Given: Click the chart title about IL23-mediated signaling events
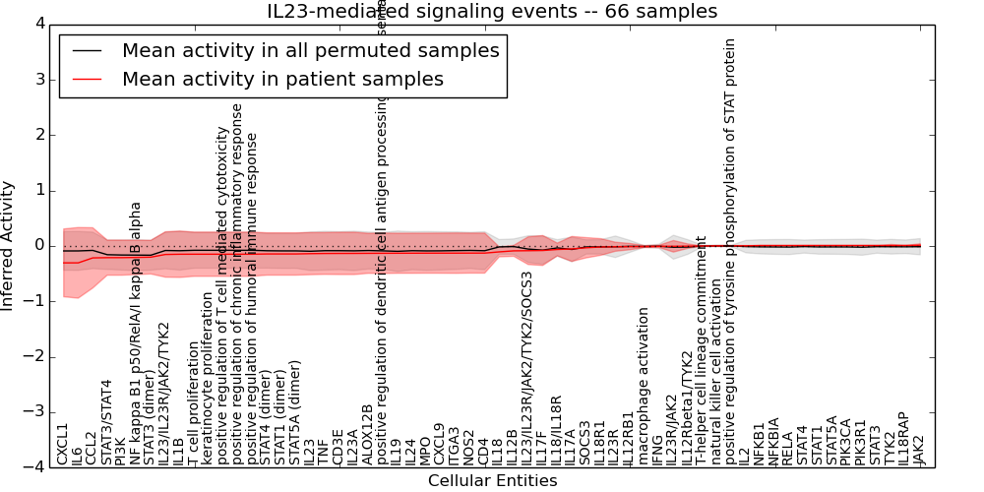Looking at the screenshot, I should tap(492, 11).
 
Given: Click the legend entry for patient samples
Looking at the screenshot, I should tap(282, 79).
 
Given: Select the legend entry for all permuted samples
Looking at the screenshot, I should tap(310, 50).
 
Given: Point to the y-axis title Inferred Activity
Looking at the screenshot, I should tap(9, 246).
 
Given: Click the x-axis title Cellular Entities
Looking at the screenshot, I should tap(492, 481).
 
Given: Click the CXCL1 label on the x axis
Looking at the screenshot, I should tap(63, 444).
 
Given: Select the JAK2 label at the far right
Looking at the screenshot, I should tap(919, 449).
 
